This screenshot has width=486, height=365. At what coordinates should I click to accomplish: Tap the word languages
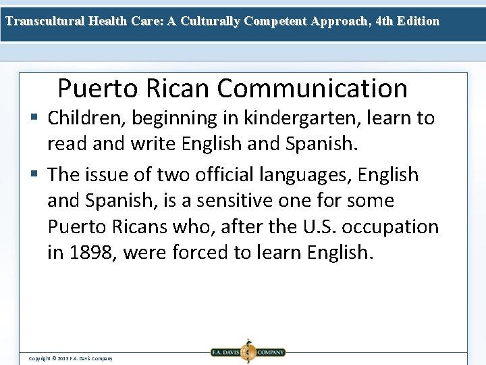point(317,175)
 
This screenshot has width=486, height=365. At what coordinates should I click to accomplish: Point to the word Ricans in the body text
point(136,226)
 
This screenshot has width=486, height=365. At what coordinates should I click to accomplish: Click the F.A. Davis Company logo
point(248,351)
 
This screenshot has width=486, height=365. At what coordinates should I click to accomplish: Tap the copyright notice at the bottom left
point(70,358)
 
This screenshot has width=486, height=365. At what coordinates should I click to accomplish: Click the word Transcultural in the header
point(45,21)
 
